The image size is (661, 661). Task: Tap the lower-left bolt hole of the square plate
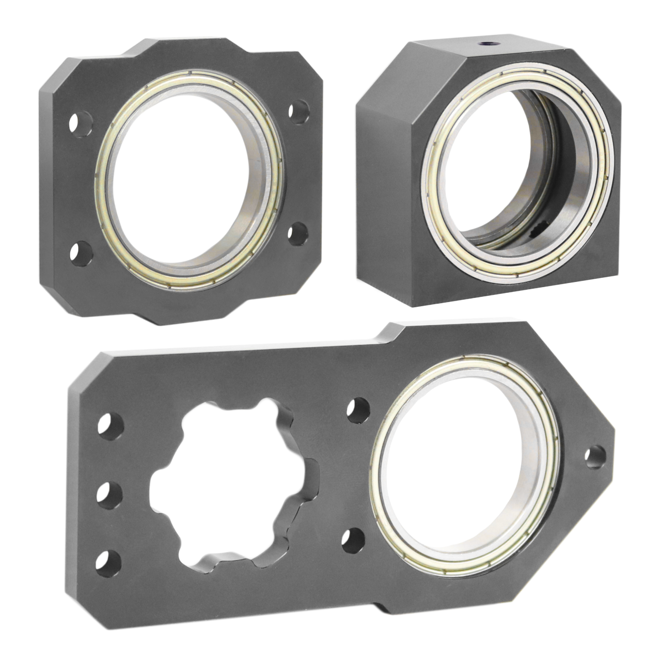(81, 254)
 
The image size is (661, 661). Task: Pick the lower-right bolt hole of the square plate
(298, 234)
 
